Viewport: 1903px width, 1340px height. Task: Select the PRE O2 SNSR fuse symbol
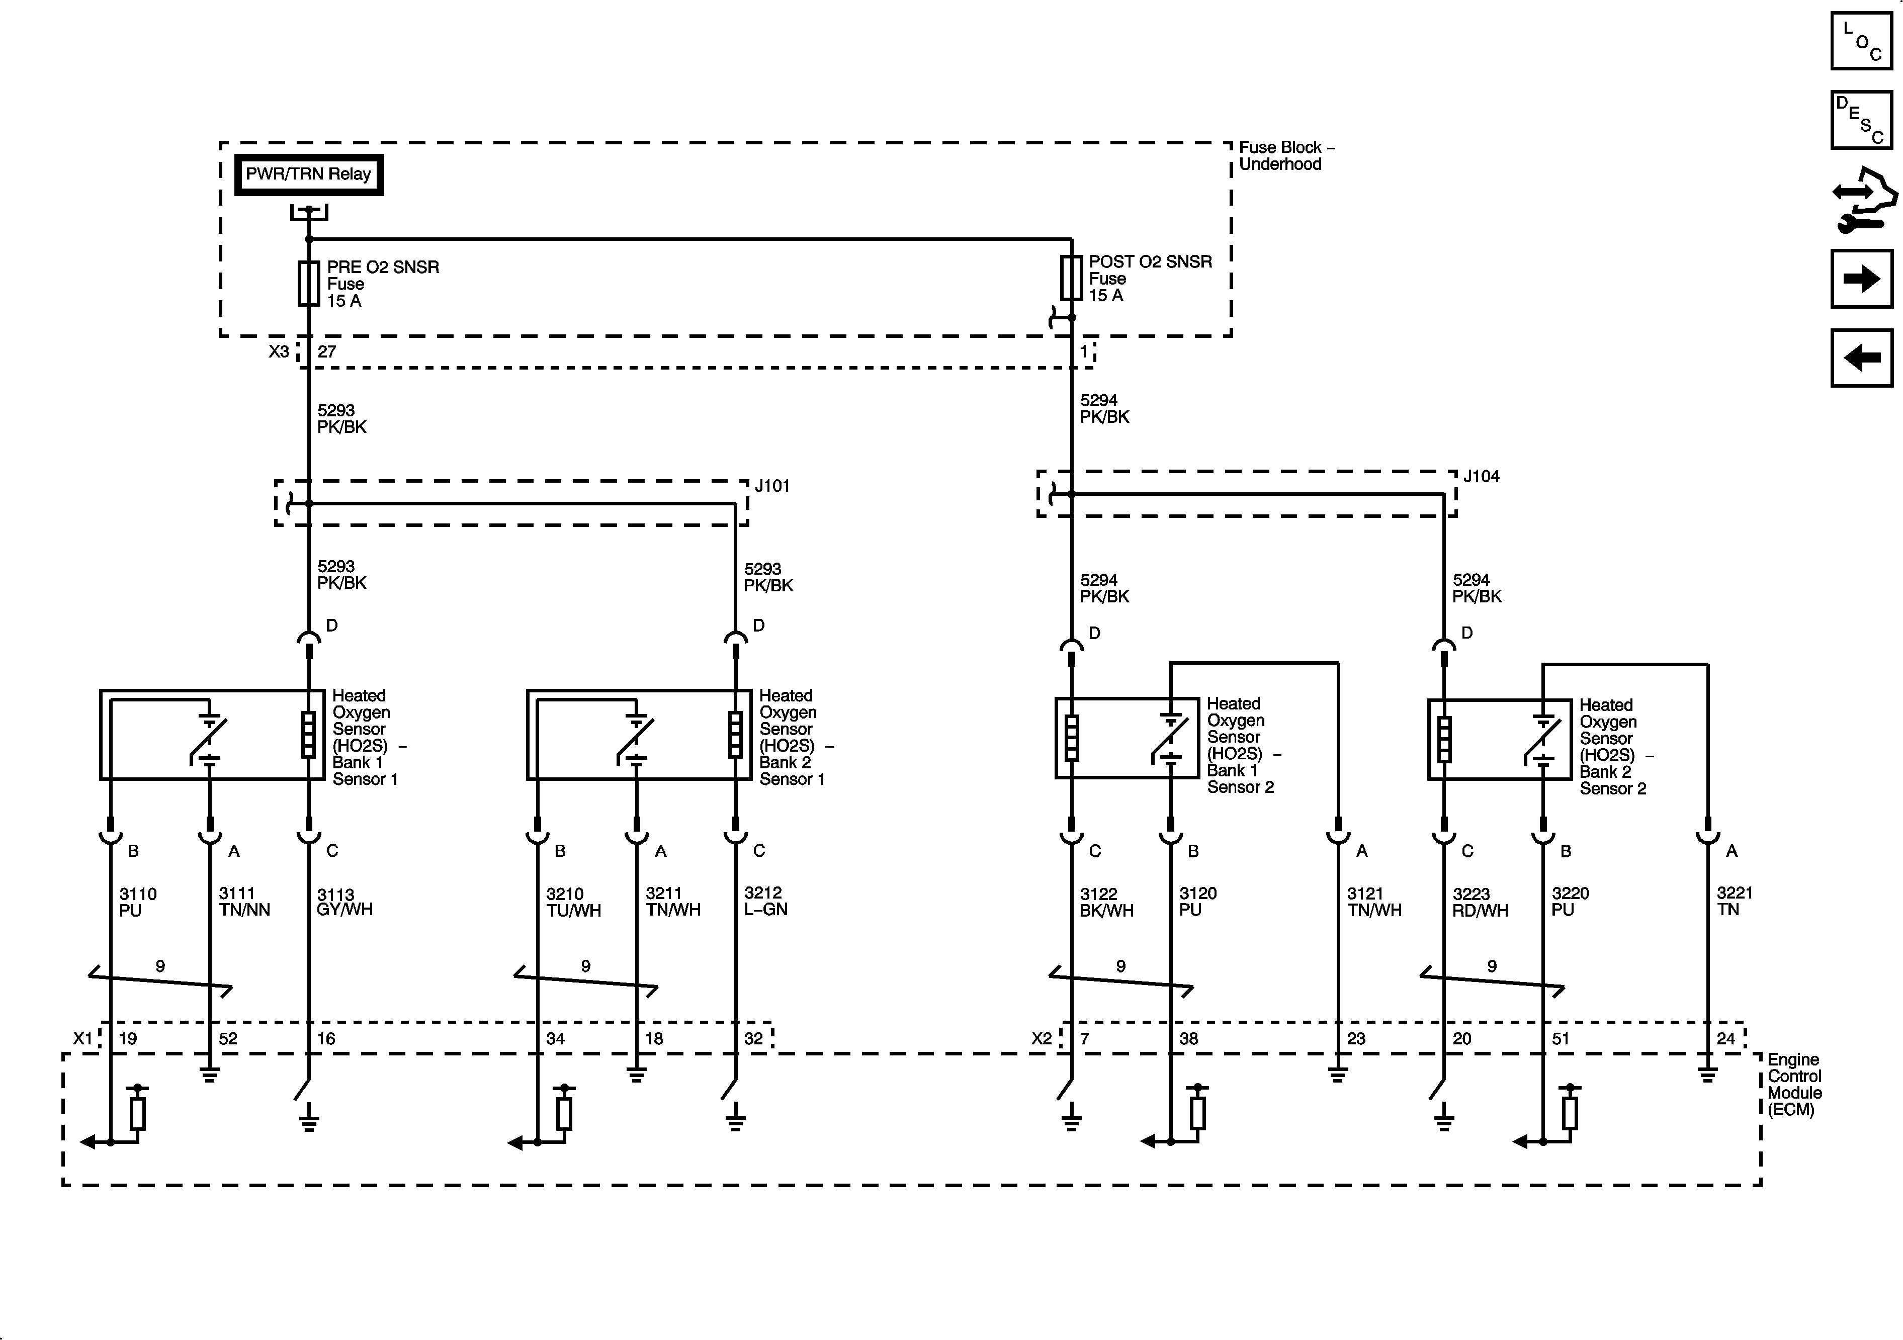point(308,284)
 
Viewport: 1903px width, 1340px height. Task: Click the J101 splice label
point(771,486)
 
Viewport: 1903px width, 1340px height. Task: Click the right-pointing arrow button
point(1862,279)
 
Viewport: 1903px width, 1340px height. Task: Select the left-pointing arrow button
point(1862,358)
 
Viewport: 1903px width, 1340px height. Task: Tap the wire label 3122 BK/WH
point(1106,902)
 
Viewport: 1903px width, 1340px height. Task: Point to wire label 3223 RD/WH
point(1480,902)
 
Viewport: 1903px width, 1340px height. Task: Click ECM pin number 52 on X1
point(228,1038)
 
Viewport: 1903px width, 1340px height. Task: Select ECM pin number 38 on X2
point(1188,1038)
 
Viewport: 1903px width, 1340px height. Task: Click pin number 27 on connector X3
point(326,351)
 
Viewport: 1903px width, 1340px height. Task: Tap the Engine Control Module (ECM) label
point(1794,1084)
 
